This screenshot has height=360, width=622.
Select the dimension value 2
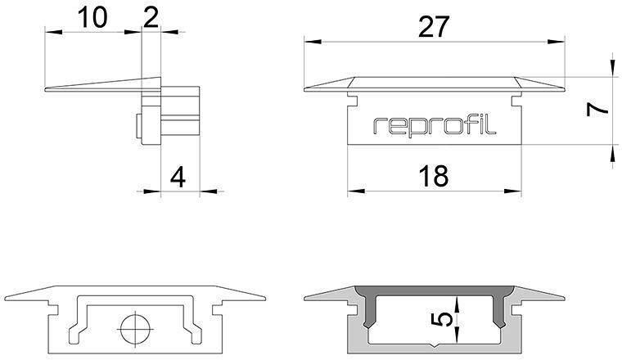[151, 17]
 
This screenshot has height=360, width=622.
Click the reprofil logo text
[435, 126]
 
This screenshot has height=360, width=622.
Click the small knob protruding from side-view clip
[137, 128]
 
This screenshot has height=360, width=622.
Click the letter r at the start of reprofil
[378, 127]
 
